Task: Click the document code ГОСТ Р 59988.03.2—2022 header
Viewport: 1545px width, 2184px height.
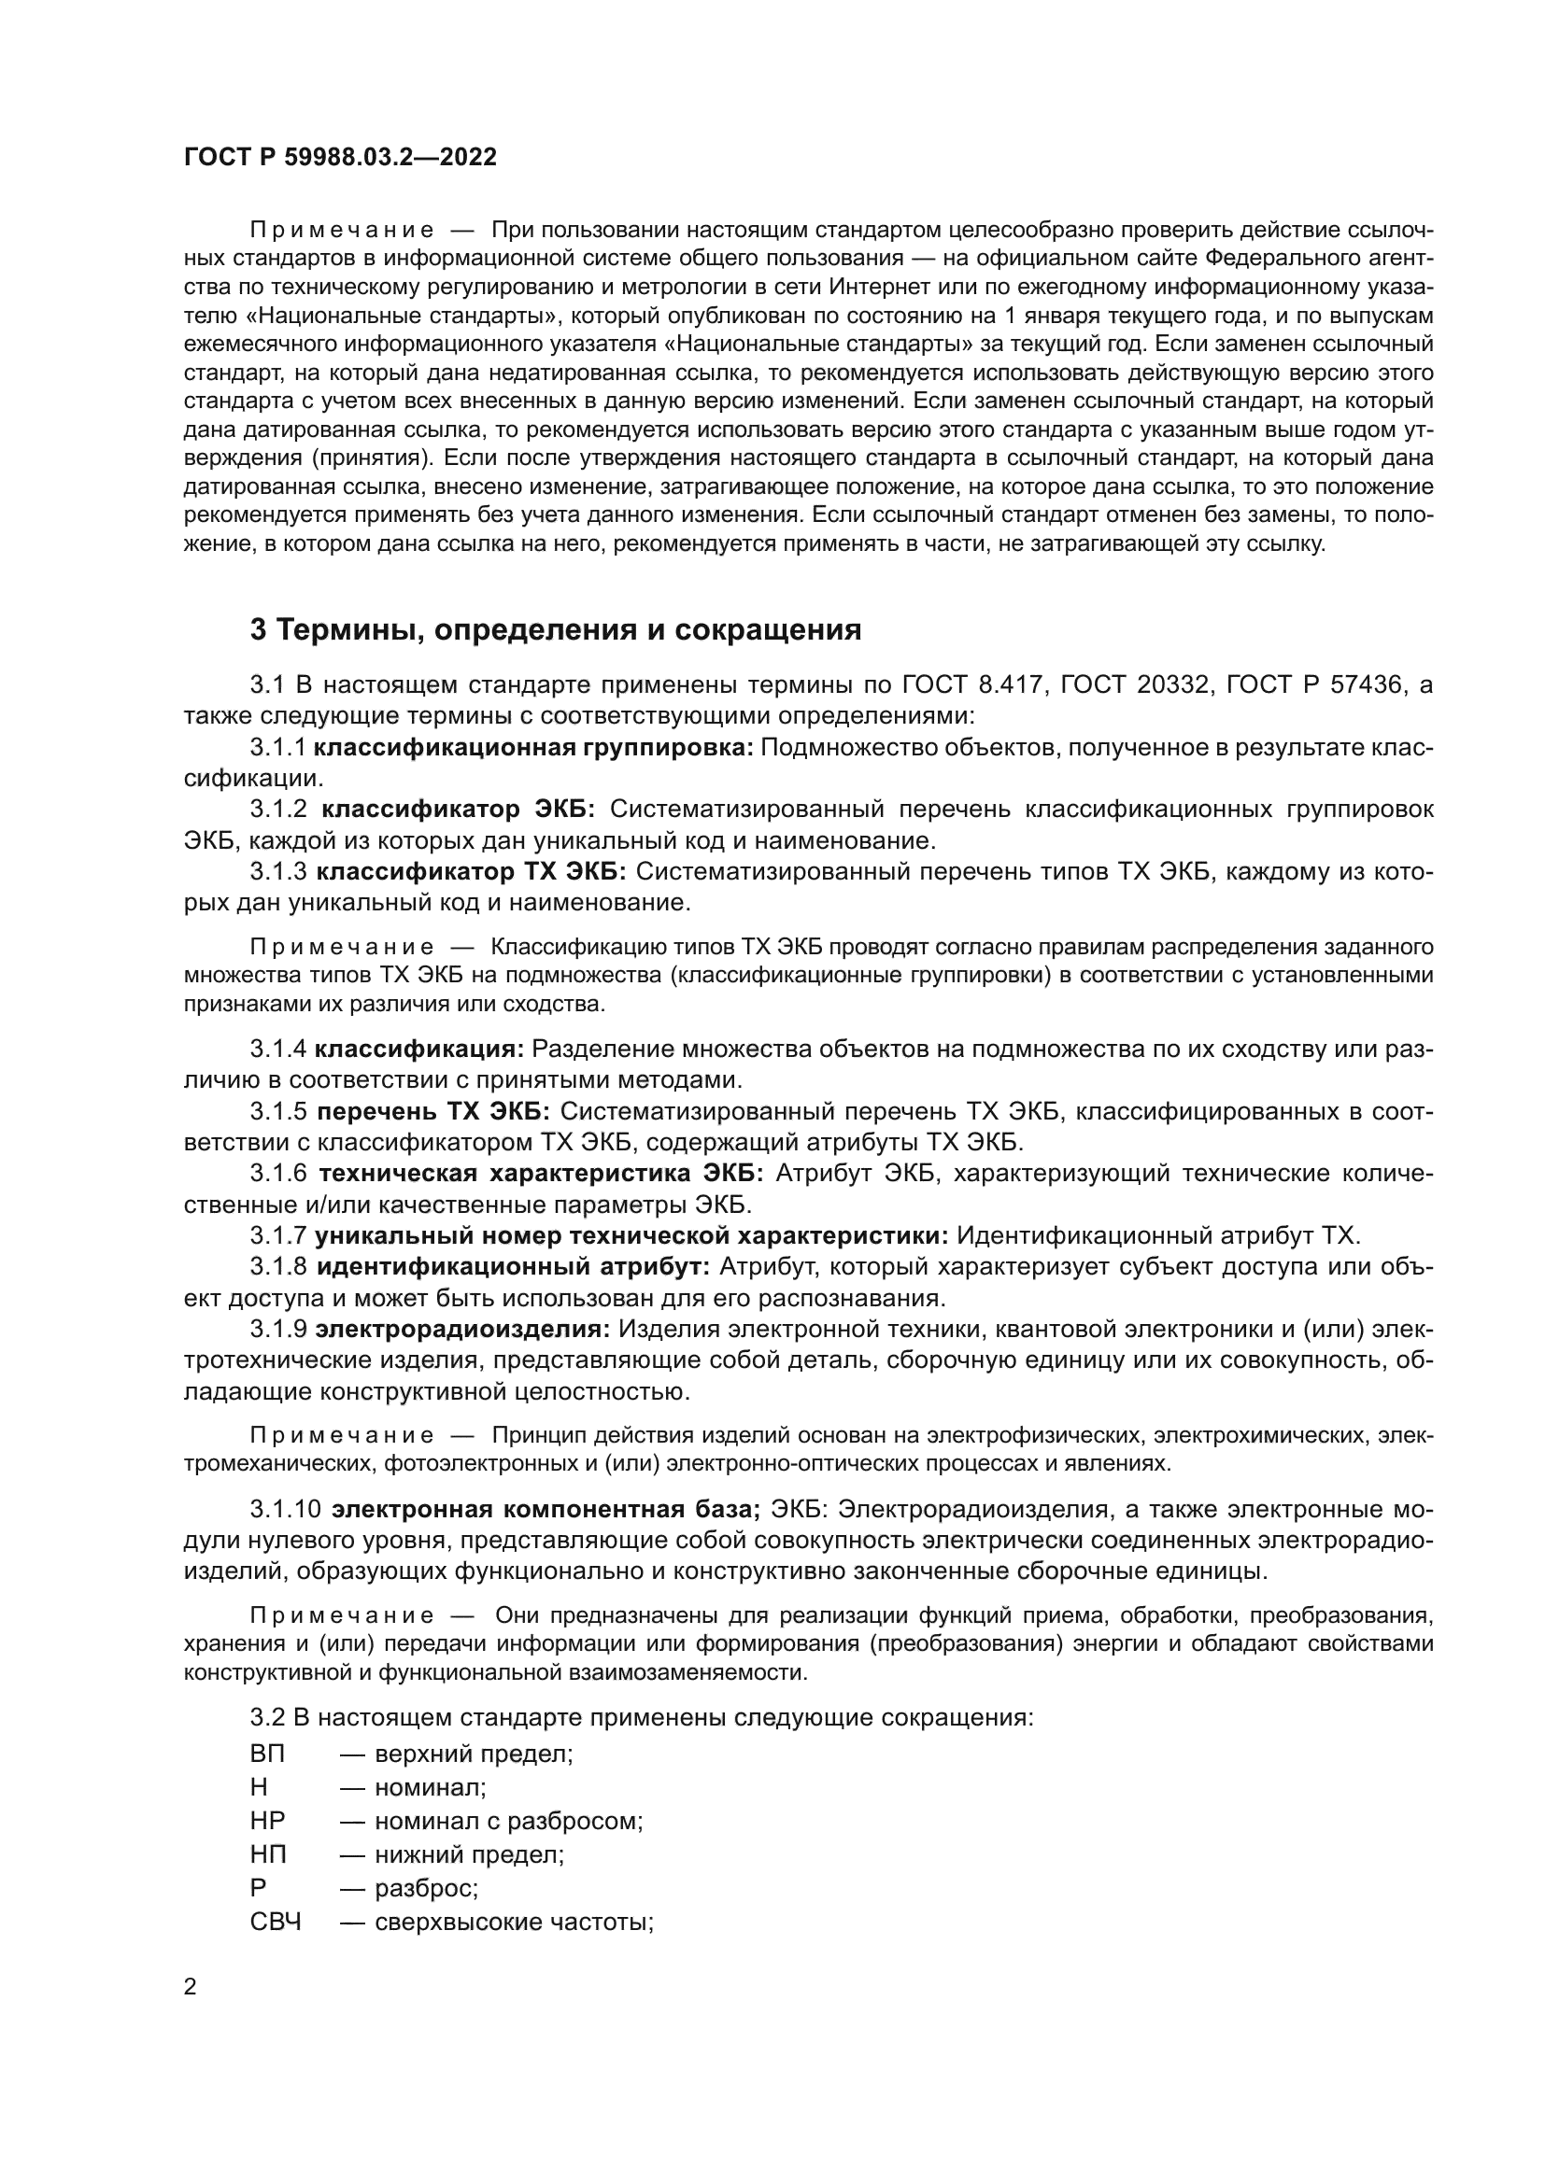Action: [x=340, y=158]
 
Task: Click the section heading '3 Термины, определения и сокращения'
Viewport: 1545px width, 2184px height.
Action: [x=556, y=629]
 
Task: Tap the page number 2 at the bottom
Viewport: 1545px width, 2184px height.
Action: [x=191, y=1987]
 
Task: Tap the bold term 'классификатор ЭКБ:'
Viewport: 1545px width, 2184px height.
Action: [x=458, y=810]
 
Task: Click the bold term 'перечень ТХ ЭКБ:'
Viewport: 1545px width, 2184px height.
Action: [x=433, y=1111]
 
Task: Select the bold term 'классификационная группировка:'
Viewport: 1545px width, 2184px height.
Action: [x=533, y=748]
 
